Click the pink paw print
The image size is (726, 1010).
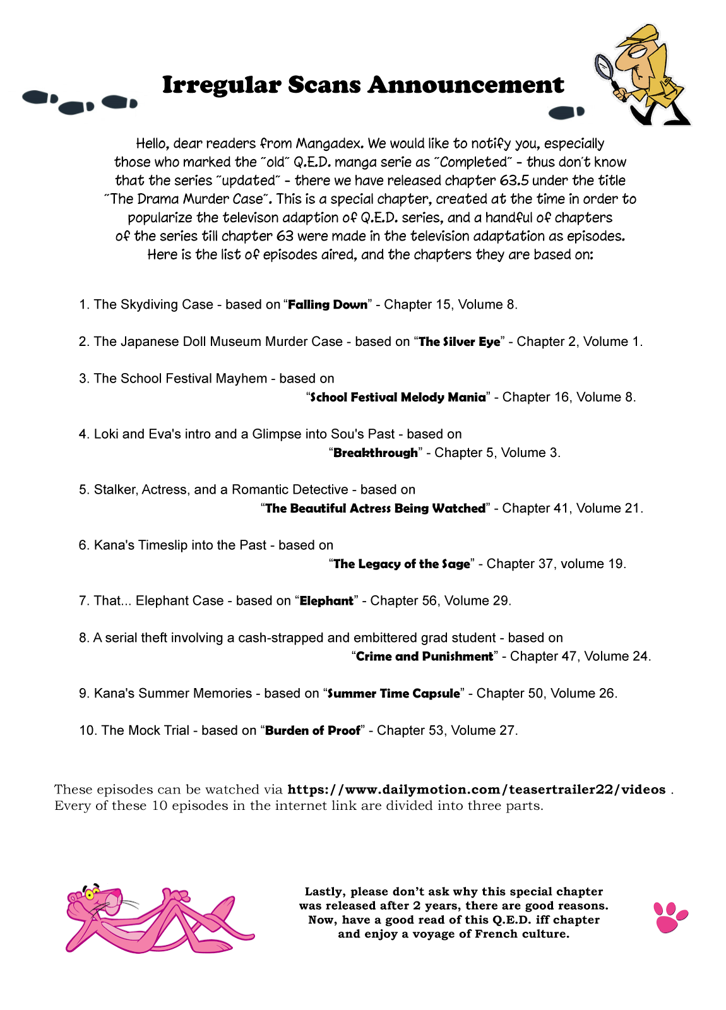point(669,917)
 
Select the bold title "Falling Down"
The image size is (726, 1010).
point(328,305)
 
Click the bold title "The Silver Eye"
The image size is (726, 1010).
point(460,342)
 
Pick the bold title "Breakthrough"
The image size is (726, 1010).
point(376,453)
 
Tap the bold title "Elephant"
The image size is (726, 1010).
point(326,601)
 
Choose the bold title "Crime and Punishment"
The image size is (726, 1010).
point(424,656)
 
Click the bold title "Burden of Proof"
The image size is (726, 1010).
point(312,731)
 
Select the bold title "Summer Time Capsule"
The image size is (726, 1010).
point(394,694)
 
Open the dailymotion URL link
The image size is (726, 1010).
point(476,790)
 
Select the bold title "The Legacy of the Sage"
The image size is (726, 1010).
point(402,564)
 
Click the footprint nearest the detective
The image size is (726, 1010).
point(566,113)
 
